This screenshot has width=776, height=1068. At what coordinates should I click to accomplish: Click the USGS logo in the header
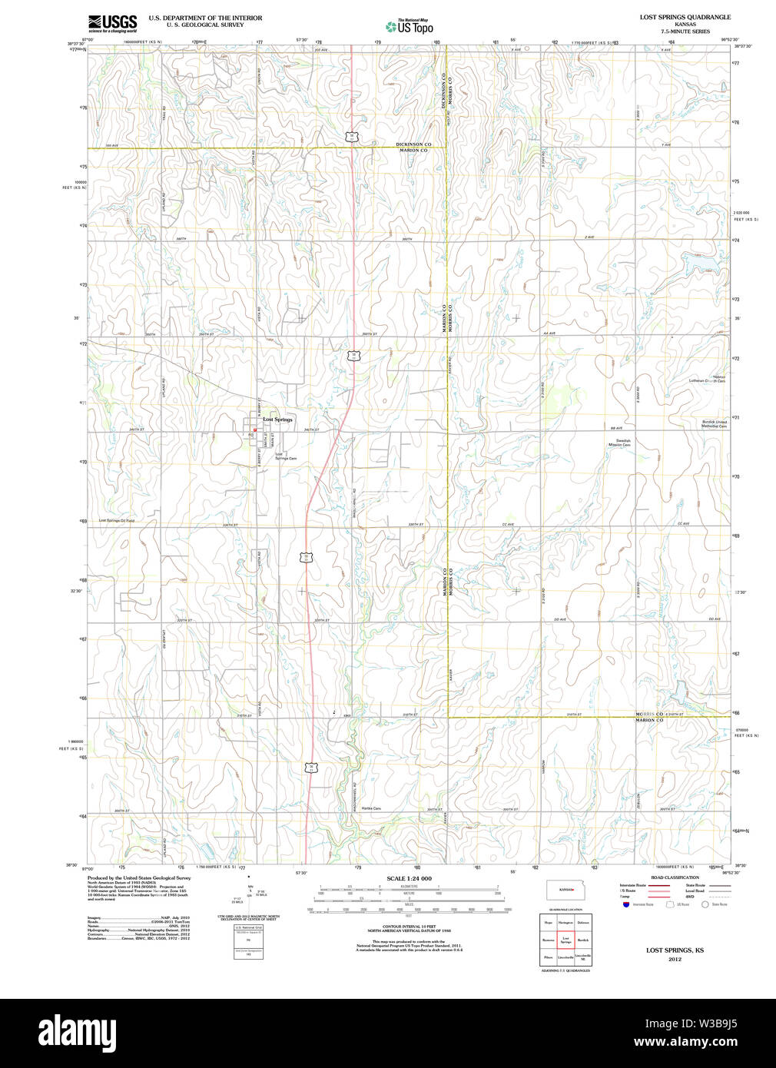pyautogui.click(x=112, y=22)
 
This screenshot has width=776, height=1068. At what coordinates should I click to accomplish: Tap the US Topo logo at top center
pyautogui.click(x=410, y=26)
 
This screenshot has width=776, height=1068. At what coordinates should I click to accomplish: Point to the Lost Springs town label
pyautogui.click(x=277, y=420)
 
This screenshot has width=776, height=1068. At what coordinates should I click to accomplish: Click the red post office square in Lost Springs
pyautogui.click(x=254, y=430)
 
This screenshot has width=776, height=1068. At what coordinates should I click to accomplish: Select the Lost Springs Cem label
pyautogui.click(x=285, y=456)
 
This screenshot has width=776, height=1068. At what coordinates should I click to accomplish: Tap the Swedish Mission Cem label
pyautogui.click(x=619, y=443)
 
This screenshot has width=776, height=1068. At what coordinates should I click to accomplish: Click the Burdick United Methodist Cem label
pyautogui.click(x=714, y=423)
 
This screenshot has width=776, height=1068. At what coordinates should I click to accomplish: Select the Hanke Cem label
pyautogui.click(x=372, y=808)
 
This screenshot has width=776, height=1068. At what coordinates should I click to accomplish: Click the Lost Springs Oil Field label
pyautogui.click(x=116, y=520)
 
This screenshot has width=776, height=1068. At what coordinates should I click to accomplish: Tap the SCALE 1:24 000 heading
pyautogui.click(x=409, y=878)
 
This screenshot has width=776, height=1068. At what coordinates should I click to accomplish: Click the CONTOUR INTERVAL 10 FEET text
pyautogui.click(x=409, y=928)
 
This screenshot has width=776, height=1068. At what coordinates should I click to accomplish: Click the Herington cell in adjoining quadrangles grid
pyautogui.click(x=565, y=922)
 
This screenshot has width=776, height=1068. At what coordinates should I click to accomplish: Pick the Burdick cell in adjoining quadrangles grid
pyautogui.click(x=583, y=940)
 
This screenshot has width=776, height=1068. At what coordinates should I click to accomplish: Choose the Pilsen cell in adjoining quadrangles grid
pyautogui.click(x=548, y=957)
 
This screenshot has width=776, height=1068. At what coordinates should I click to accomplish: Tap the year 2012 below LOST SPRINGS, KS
pyautogui.click(x=675, y=959)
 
